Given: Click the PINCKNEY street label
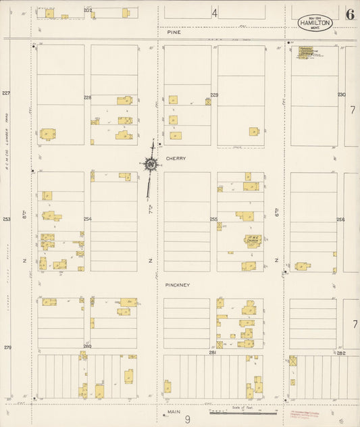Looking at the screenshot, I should click(178, 285).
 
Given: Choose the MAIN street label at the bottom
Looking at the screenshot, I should click(170, 411).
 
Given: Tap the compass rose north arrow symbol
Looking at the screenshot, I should click(151, 164).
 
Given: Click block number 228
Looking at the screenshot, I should click(87, 97).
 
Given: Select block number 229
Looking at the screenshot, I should click(214, 95).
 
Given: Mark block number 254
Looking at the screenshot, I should click(87, 219).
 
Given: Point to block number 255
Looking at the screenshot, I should click(213, 219).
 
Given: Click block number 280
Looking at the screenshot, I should click(87, 347).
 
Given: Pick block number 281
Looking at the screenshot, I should click(212, 352).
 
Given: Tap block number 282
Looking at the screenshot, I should click(341, 352).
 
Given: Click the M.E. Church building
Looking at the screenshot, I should click(253, 241).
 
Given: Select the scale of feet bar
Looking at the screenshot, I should click(243, 412).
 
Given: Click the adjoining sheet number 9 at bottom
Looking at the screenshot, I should click(188, 419).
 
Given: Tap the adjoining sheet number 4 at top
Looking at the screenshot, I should click(215, 13).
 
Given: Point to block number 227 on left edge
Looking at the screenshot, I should click(7, 93).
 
